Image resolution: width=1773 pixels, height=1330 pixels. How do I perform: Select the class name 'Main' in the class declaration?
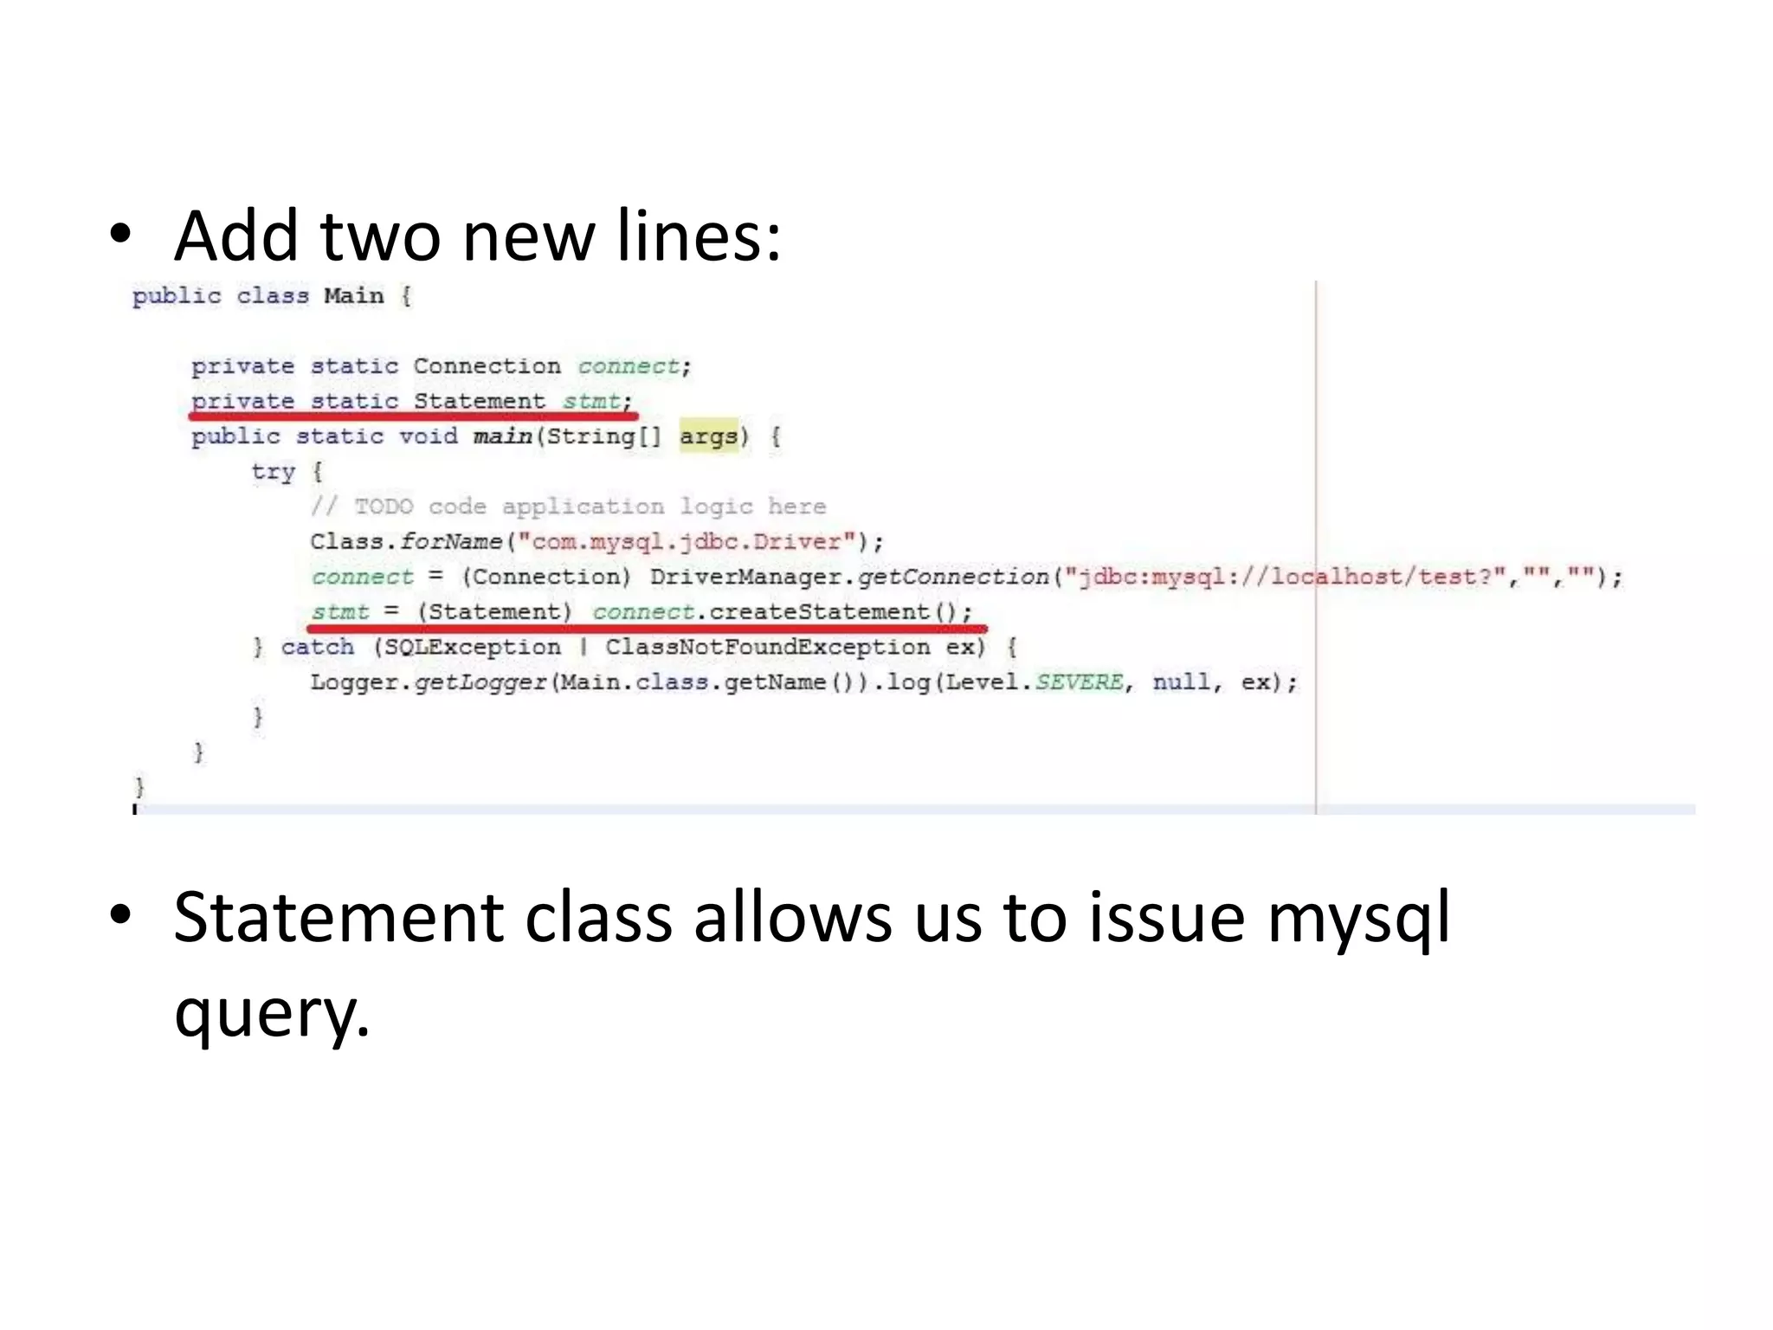click(x=353, y=296)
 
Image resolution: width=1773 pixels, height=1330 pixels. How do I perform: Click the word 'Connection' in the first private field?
click(x=487, y=366)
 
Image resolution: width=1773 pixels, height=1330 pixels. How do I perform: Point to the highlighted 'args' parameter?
click(x=708, y=436)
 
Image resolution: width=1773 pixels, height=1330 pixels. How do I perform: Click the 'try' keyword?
click(x=273, y=472)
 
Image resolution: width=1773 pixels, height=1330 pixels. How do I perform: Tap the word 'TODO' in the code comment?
click(x=384, y=507)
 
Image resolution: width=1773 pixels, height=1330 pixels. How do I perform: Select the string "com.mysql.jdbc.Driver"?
click(x=687, y=542)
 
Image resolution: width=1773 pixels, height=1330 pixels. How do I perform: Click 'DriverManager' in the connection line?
click(x=750, y=577)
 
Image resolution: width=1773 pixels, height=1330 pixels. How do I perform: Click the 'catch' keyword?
click(x=317, y=647)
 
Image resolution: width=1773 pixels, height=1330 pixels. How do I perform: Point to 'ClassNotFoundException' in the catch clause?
click(x=767, y=647)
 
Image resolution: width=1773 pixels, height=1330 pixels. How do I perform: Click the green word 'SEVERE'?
click(x=1079, y=682)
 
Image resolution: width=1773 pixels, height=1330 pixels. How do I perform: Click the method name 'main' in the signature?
click(x=502, y=436)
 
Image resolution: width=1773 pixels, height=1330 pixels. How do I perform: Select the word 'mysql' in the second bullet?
click(x=1357, y=918)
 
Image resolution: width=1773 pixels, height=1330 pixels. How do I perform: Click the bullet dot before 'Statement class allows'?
click(x=120, y=915)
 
